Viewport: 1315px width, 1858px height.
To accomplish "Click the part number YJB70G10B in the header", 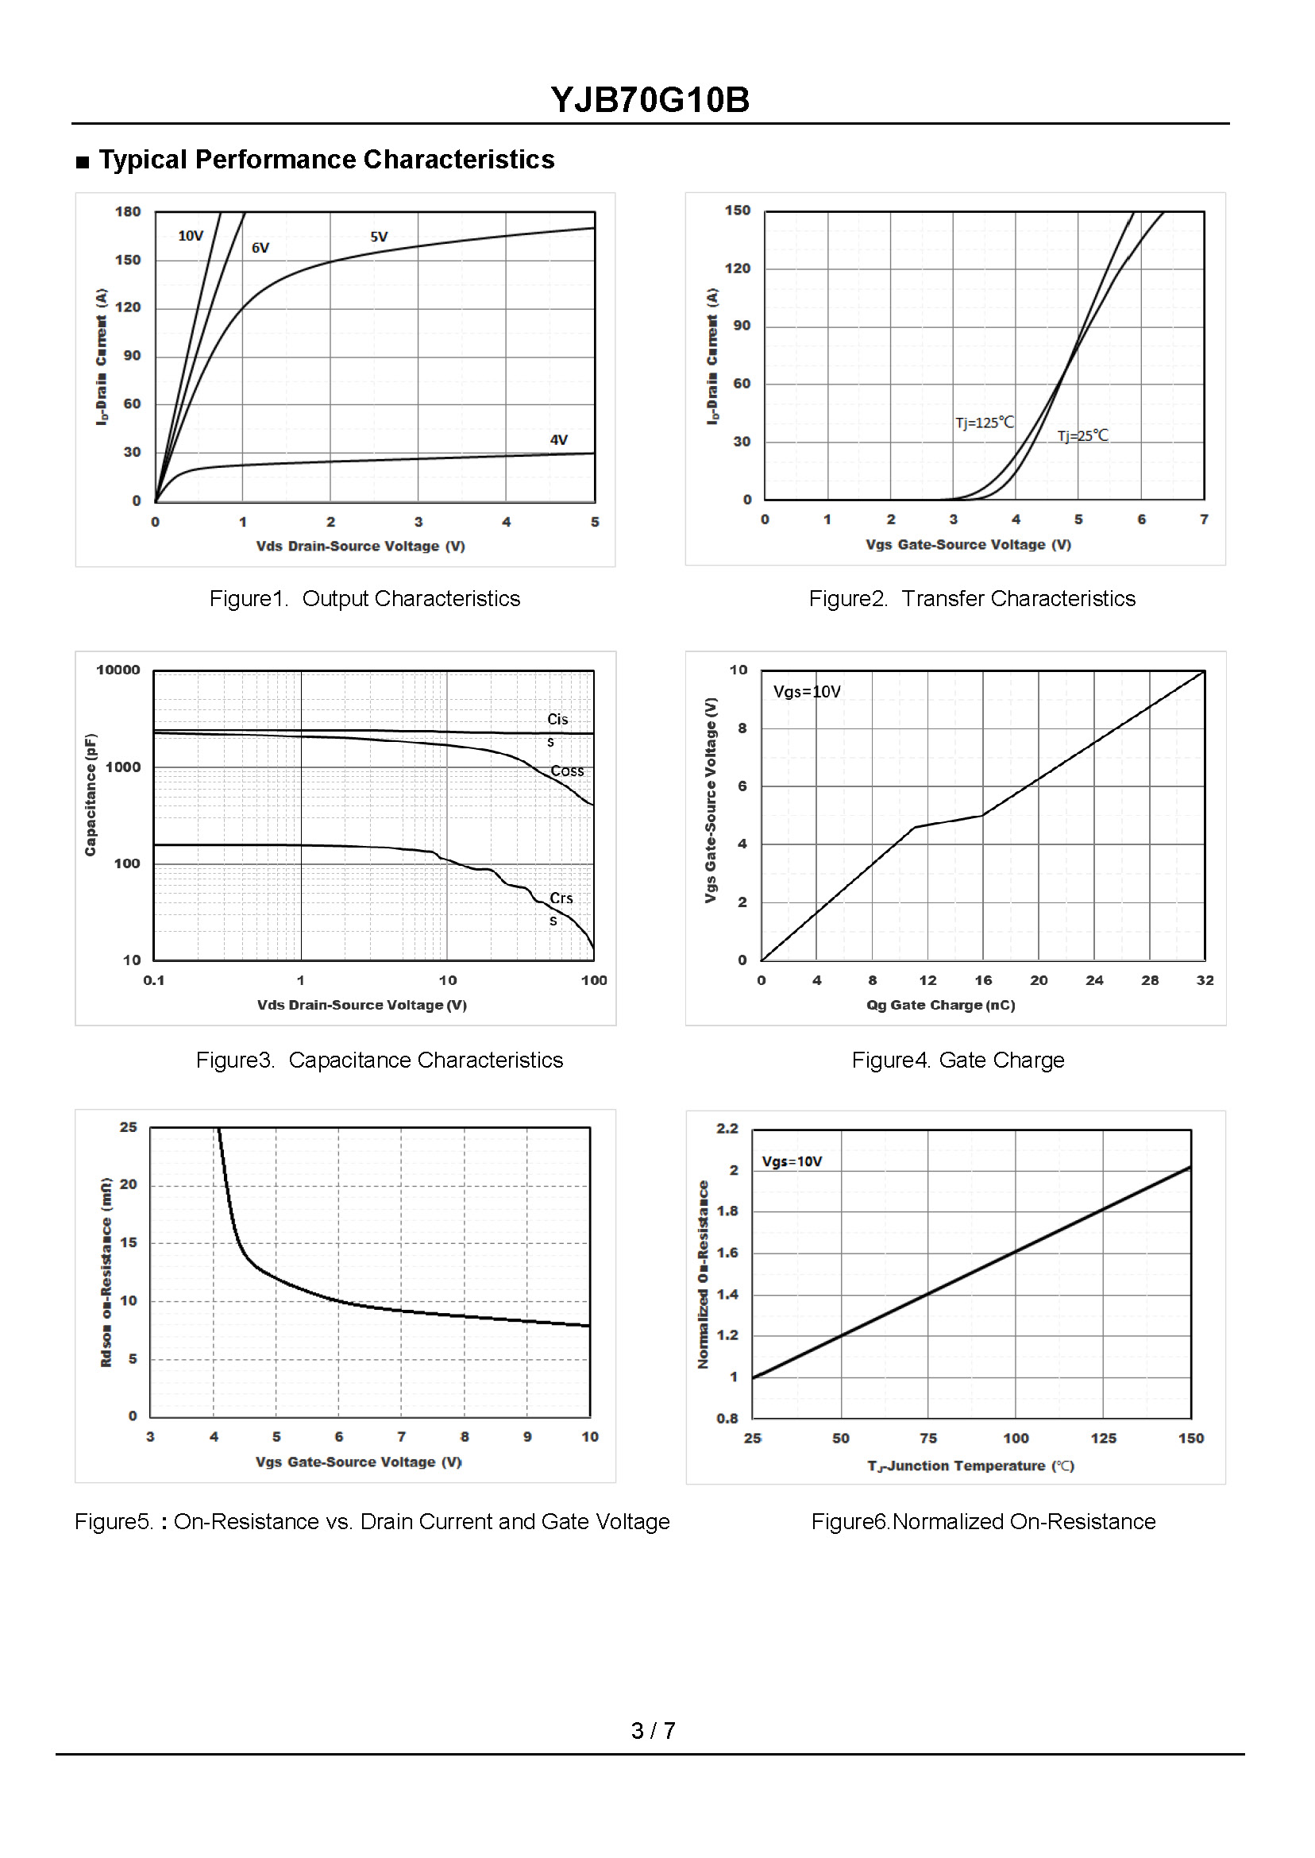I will click(x=650, y=100).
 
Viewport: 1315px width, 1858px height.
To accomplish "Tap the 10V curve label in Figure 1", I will click(x=191, y=236).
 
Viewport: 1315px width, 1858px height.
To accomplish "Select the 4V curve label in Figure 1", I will click(x=559, y=440).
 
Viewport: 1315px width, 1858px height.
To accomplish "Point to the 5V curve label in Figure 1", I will click(x=379, y=237).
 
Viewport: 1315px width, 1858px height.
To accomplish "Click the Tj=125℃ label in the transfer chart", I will click(x=984, y=422).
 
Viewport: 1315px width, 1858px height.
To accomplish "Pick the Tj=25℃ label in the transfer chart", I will click(x=1082, y=436).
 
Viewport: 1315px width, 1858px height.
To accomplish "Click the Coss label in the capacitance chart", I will click(x=567, y=771).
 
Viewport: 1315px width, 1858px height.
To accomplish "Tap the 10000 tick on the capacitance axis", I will click(x=118, y=670).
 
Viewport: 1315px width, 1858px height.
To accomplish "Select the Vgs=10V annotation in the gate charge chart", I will click(x=807, y=692).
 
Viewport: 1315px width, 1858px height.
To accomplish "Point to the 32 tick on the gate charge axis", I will click(x=1205, y=980).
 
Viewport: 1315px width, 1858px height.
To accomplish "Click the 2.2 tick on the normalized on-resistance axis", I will click(x=727, y=1128).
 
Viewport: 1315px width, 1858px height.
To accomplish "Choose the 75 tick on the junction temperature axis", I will click(x=928, y=1439).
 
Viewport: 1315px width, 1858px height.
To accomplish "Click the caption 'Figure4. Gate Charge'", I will click(x=957, y=1060).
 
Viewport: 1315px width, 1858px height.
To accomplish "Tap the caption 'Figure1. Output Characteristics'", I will click(x=364, y=598).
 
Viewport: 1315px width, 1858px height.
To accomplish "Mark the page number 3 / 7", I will click(x=653, y=1731).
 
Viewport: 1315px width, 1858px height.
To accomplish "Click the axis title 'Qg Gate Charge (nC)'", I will click(x=940, y=1005).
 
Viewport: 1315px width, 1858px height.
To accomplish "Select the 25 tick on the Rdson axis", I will click(x=129, y=1127).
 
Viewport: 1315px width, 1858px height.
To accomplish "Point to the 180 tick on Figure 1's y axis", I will click(x=128, y=211).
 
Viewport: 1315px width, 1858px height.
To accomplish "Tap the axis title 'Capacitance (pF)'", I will click(x=91, y=794).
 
